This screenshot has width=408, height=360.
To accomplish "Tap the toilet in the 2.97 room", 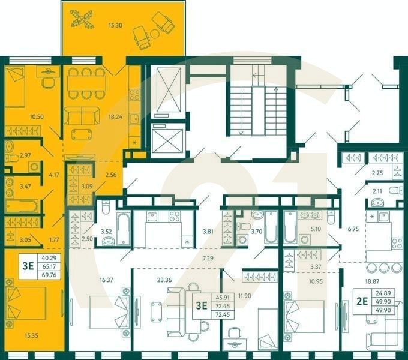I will coord(10,158).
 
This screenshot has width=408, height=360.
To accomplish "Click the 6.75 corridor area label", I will coord(353,229).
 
